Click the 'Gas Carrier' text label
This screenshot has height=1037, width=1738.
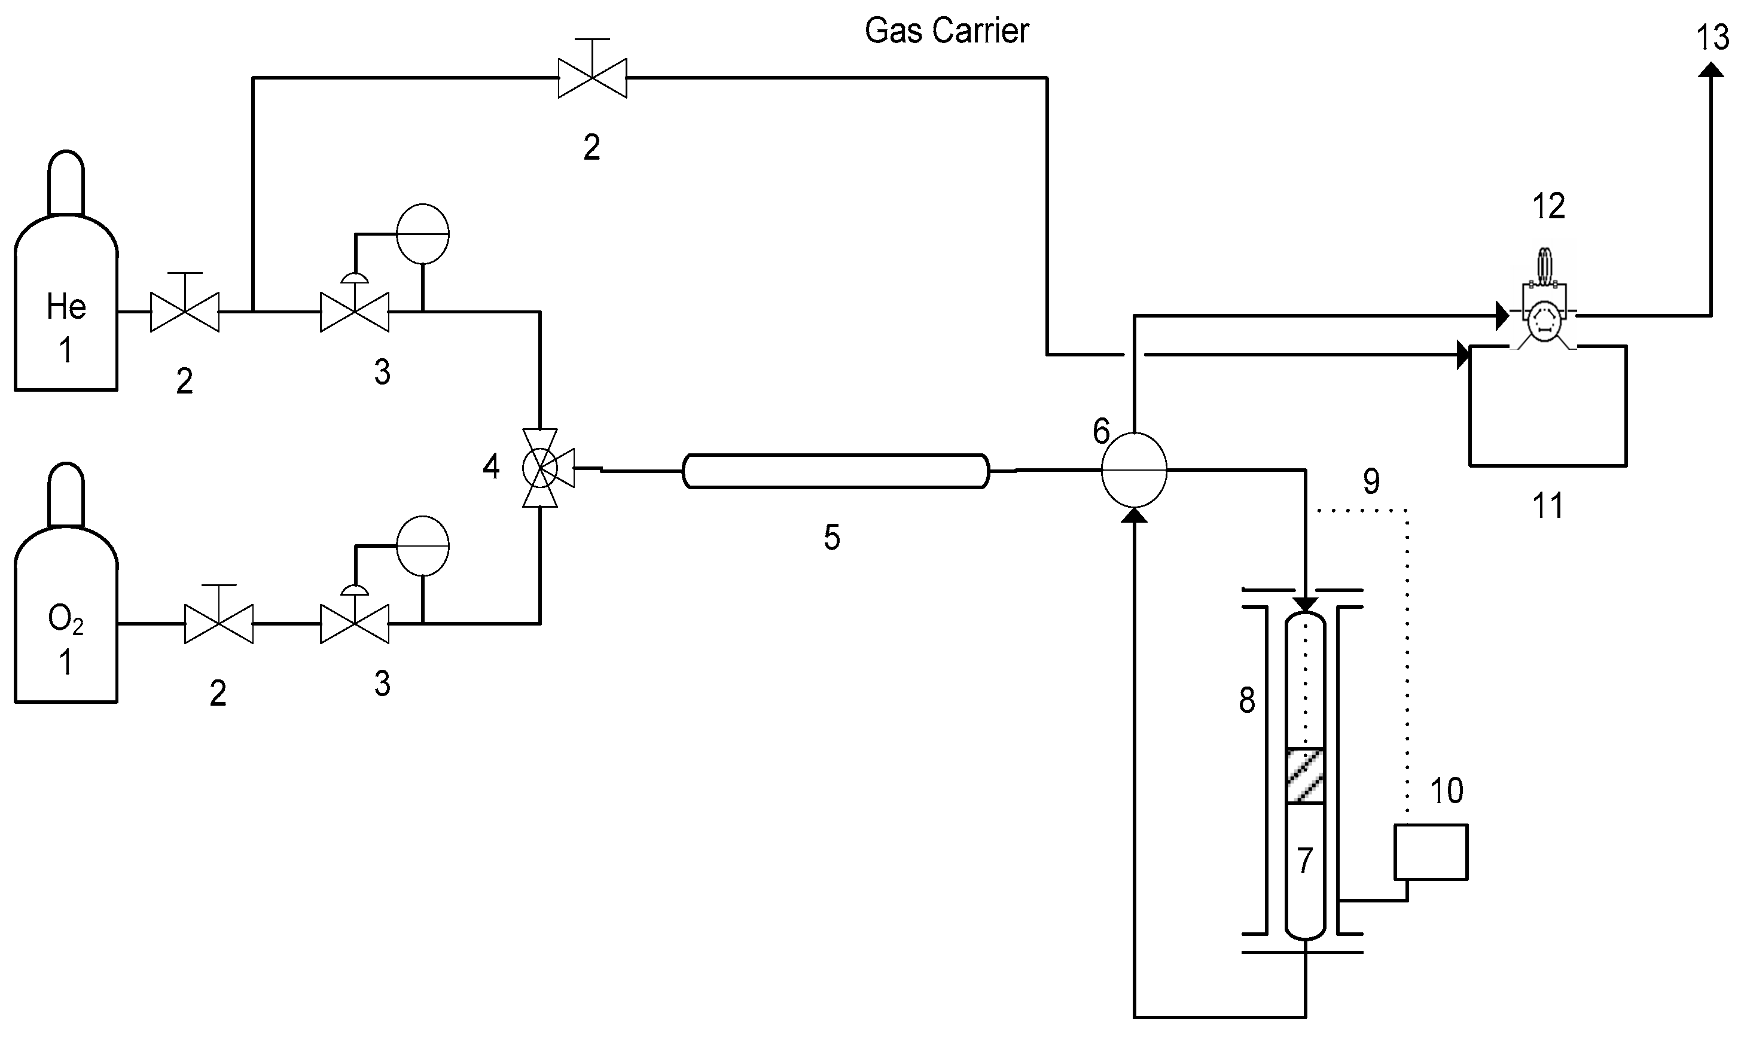(946, 30)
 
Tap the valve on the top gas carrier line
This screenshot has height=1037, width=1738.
(592, 78)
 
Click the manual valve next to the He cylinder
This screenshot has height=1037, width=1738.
(184, 311)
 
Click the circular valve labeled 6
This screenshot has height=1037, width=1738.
(1133, 469)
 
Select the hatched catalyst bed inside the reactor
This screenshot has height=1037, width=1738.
(1305, 776)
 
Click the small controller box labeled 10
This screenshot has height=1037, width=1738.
(1430, 851)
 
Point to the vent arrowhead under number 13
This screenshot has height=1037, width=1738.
(1710, 70)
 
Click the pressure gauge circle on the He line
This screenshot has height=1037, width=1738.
(422, 233)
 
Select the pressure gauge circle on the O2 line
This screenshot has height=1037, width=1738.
(422, 546)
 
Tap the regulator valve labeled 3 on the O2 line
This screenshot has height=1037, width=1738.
(354, 623)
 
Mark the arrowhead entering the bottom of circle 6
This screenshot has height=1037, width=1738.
(1133, 515)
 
